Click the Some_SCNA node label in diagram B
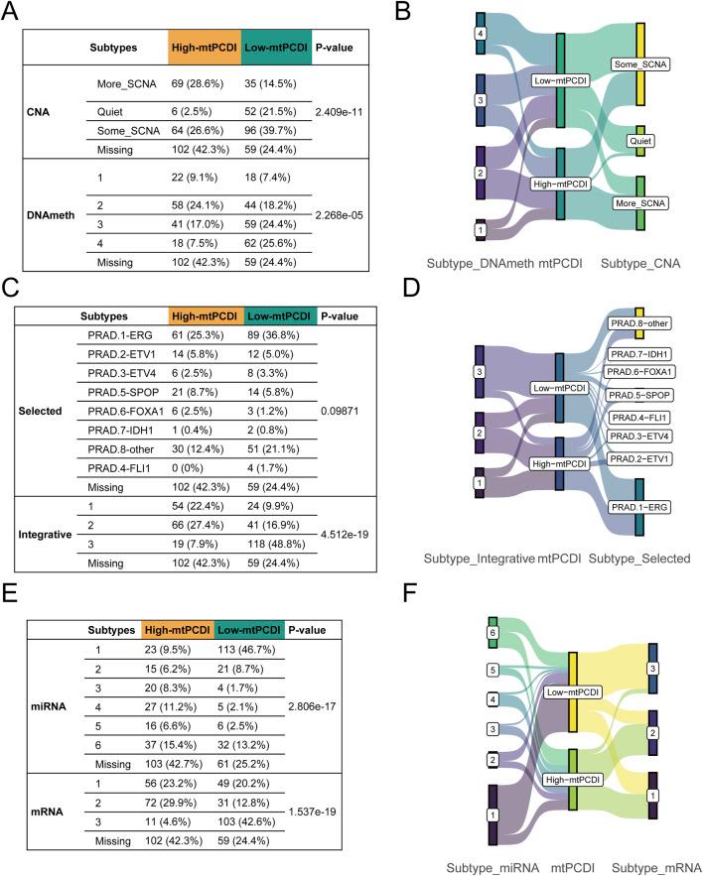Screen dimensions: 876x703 (x=641, y=64)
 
